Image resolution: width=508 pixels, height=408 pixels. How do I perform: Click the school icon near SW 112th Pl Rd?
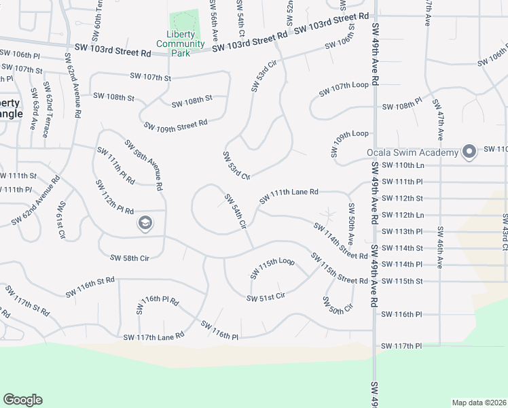(145, 223)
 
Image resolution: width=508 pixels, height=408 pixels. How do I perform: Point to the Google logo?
(22, 400)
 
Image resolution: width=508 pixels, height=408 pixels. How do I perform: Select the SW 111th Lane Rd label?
(289, 196)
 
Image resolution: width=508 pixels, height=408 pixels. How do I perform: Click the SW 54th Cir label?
(234, 211)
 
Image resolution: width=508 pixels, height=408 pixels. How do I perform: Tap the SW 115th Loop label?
(272, 267)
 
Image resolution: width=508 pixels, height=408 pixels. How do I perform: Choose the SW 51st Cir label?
(266, 297)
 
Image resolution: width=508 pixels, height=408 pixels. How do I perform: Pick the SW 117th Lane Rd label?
(153, 336)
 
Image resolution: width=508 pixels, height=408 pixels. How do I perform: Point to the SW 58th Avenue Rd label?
(143, 165)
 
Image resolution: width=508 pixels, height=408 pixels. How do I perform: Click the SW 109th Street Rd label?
(175, 124)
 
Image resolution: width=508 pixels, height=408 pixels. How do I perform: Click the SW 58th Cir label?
(129, 258)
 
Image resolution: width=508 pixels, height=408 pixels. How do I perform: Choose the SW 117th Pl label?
(402, 346)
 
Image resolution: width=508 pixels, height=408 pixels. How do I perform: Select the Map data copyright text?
(478, 403)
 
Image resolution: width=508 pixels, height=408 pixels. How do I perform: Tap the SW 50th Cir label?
(337, 304)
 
